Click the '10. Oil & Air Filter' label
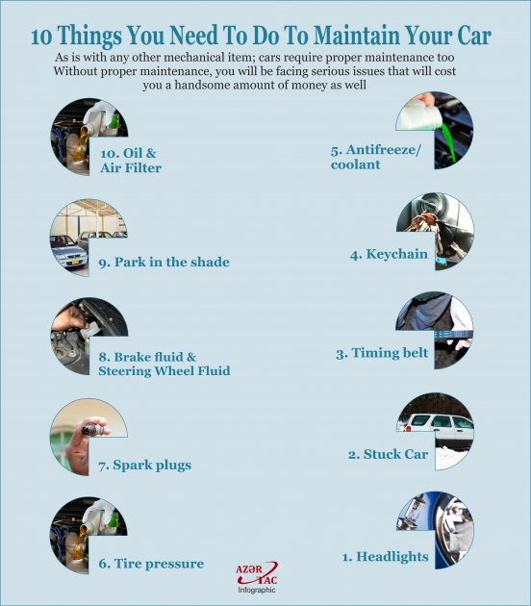tap(130, 160)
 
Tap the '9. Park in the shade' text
tap(164, 262)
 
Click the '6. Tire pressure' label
tap(150, 564)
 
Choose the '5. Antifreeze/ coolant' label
tap(369, 157)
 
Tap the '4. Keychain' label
tap(389, 255)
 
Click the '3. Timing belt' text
tap(382, 353)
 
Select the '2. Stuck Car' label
tap(388, 454)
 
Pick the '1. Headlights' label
tap(386, 556)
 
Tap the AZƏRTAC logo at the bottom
tap(256, 573)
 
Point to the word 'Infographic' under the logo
tap(257, 590)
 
